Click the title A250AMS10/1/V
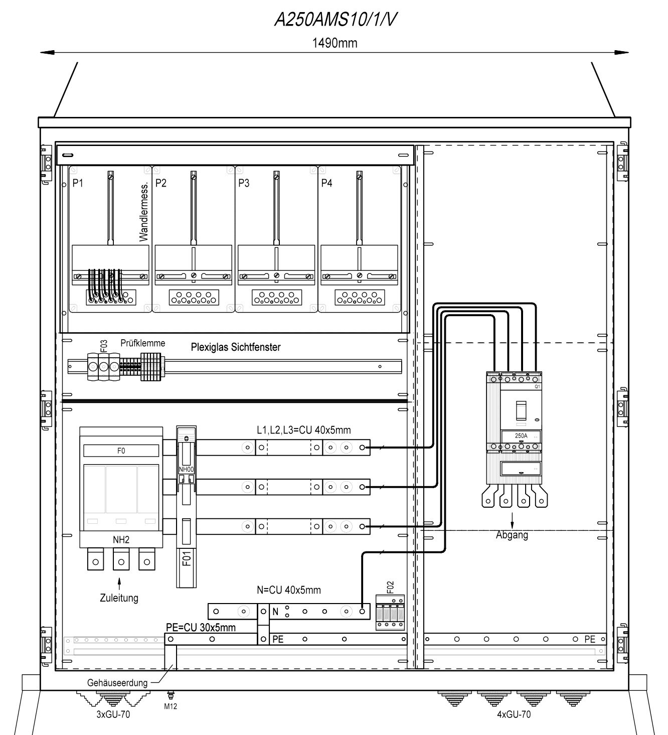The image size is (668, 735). click(x=336, y=20)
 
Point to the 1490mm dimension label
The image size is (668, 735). click(x=335, y=43)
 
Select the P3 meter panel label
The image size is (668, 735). click(x=244, y=183)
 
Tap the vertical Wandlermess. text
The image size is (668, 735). click(x=143, y=212)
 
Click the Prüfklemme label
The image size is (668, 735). click(x=143, y=343)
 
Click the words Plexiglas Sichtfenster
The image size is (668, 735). click(x=236, y=347)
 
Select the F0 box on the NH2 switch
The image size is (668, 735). click(x=121, y=451)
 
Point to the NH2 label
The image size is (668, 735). click(x=121, y=540)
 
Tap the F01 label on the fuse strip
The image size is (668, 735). click(x=187, y=559)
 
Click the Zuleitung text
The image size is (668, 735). click(x=119, y=598)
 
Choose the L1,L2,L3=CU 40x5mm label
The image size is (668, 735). click(x=304, y=430)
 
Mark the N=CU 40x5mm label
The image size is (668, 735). click(x=289, y=590)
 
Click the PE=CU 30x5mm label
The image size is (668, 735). click(x=201, y=627)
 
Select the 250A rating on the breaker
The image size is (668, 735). click(x=521, y=436)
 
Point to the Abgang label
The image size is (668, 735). click(x=512, y=535)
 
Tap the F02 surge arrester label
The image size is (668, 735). click(x=390, y=587)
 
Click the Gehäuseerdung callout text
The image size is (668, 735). click(x=117, y=683)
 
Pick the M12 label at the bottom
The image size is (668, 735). click(x=171, y=706)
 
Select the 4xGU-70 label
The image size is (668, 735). click(x=514, y=714)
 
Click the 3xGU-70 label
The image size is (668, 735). click(x=113, y=714)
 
